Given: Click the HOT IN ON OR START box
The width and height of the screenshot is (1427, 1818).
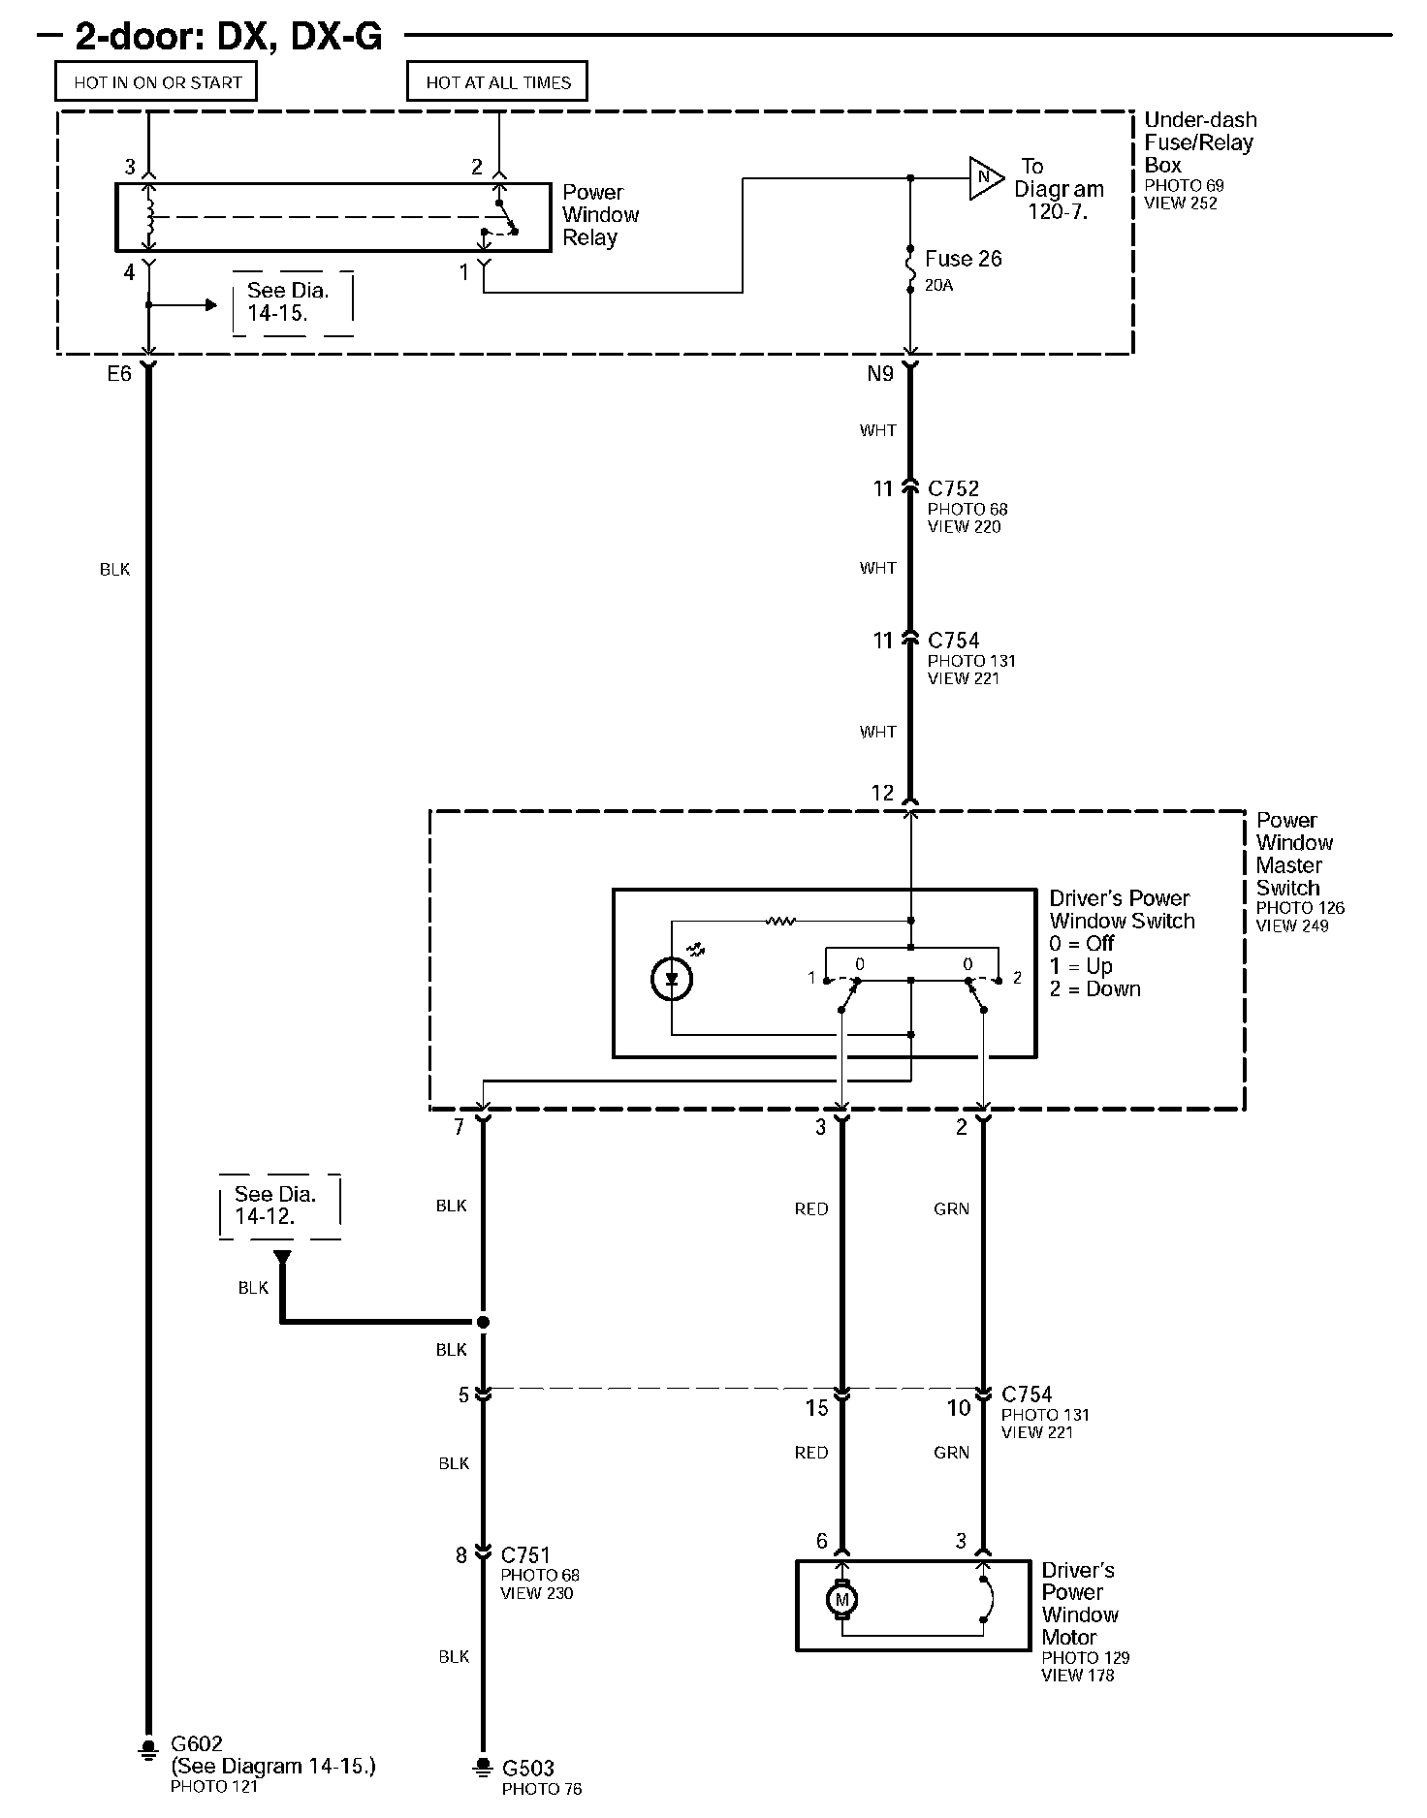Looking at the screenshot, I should (157, 82).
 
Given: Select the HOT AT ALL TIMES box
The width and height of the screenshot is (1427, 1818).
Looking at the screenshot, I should (497, 82).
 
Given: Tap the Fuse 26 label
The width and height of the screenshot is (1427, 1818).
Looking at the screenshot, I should (962, 259).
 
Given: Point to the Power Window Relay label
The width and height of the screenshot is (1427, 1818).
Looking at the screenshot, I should (600, 215).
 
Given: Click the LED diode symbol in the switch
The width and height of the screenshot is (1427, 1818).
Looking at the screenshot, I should (672, 979).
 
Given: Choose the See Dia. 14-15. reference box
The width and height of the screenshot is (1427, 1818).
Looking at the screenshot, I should (293, 302).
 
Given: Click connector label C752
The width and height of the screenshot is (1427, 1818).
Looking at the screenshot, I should (954, 488).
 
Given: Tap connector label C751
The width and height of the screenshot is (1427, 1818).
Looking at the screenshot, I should (525, 1554).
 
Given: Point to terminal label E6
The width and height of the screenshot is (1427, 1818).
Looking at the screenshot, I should (119, 374).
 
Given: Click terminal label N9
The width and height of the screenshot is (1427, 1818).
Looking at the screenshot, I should (880, 374).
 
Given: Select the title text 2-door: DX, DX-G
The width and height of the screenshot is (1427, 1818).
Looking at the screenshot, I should (229, 37).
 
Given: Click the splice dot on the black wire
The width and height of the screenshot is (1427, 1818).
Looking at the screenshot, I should (483, 1322).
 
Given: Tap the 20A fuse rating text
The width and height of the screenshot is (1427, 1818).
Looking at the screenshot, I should (938, 286).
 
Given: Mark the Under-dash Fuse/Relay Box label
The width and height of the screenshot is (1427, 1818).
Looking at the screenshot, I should (1199, 142).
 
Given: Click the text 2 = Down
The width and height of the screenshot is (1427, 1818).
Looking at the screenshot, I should (1094, 989).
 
